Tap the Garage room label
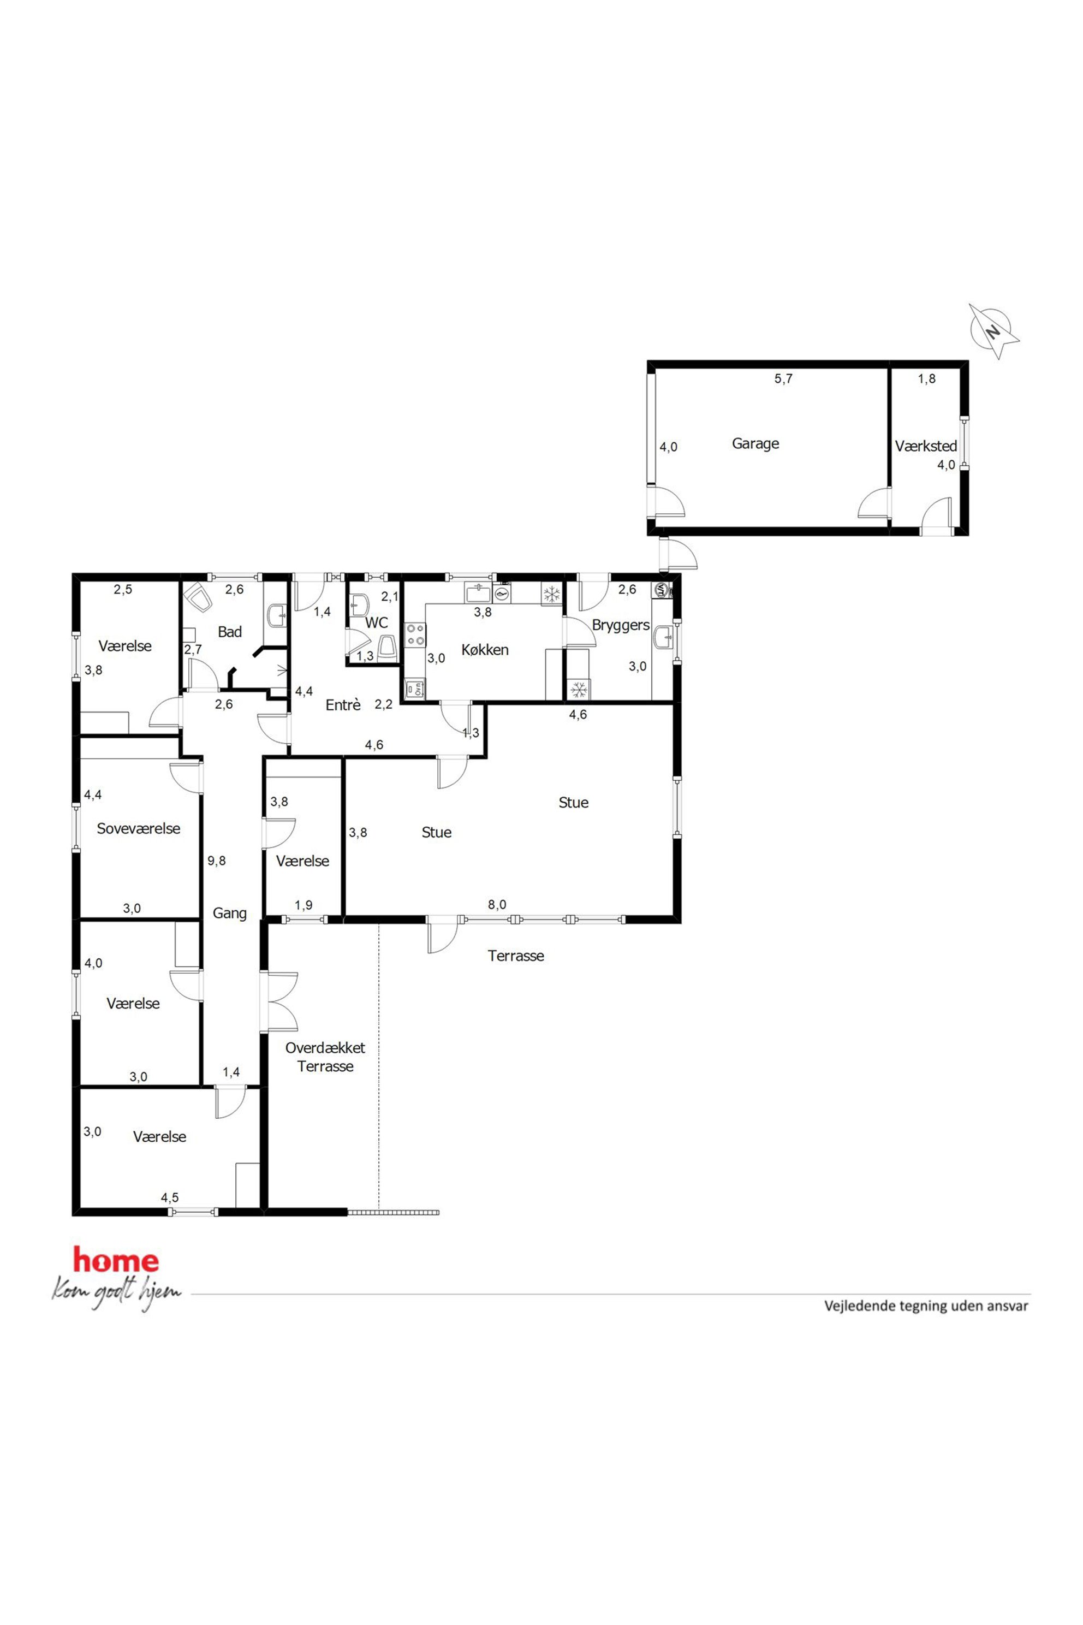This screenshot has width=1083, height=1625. tap(755, 443)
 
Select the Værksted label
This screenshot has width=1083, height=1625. tap(926, 446)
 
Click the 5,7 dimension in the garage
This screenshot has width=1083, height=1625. tap(783, 378)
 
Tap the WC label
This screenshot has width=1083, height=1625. tap(377, 622)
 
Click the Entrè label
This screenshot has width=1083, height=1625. tap(343, 705)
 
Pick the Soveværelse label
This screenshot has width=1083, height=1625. tap(138, 828)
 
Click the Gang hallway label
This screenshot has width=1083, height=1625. tap(229, 914)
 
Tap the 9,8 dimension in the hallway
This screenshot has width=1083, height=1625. tap(216, 861)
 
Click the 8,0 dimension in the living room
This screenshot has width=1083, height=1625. tap(497, 904)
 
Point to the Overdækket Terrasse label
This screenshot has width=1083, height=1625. tap(325, 1057)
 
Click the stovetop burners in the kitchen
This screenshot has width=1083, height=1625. tap(415, 635)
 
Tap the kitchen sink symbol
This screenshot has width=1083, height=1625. tap(478, 593)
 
